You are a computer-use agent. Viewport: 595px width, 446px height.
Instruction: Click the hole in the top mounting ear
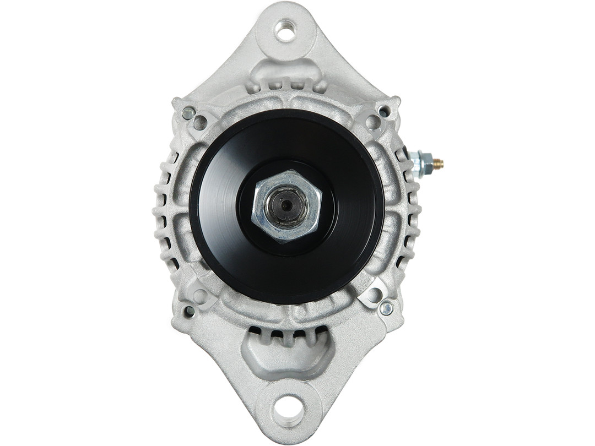click(x=285, y=30)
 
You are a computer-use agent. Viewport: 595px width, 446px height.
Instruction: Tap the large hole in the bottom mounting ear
click(x=288, y=410)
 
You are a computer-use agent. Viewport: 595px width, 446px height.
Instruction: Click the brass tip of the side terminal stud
click(x=438, y=163)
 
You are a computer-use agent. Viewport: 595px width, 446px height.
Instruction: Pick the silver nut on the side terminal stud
click(x=421, y=163)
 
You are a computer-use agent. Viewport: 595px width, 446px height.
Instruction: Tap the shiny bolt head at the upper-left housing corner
click(x=188, y=113)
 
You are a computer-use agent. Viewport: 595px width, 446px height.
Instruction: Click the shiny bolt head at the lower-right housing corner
click(x=386, y=308)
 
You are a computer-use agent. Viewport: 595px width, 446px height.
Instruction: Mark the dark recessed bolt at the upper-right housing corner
click(x=384, y=111)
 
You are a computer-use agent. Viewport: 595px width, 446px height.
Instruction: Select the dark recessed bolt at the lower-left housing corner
click(x=190, y=311)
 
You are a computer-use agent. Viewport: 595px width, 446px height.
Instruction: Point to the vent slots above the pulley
click(x=286, y=85)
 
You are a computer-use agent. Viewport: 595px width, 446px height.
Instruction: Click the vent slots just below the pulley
click(x=286, y=333)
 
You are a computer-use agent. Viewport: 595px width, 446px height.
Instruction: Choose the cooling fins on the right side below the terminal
click(x=410, y=220)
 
